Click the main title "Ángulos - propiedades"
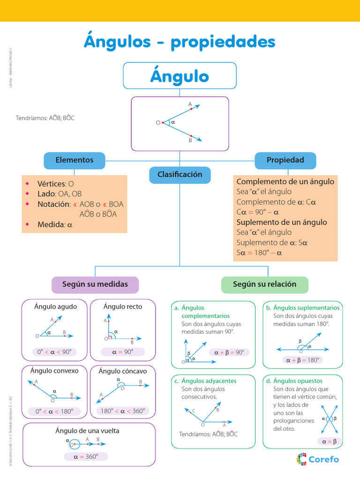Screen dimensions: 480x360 point(180,42)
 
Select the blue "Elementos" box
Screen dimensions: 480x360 point(74,160)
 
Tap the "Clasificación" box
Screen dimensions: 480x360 point(180,175)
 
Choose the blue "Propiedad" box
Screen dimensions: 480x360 point(285,160)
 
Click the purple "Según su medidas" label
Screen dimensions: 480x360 point(95,285)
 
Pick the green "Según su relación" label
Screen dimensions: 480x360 point(264,285)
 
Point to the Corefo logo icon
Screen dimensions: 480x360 point(302,459)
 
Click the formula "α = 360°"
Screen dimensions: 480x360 point(86,457)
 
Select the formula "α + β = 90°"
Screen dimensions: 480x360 point(229,352)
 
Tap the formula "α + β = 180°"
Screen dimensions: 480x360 point(302,360)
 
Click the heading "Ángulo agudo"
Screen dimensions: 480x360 point(55,307)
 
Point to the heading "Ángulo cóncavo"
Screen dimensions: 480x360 point(122,371)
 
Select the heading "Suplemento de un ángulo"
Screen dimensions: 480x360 point(281,222)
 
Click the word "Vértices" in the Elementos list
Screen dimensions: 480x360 point(52,184)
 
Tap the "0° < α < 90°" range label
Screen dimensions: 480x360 point(55,352)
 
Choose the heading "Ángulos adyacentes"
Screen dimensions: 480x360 point(209,381)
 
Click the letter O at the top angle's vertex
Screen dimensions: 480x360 point(158,123)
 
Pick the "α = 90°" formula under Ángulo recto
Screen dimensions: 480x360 point(122,352)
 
